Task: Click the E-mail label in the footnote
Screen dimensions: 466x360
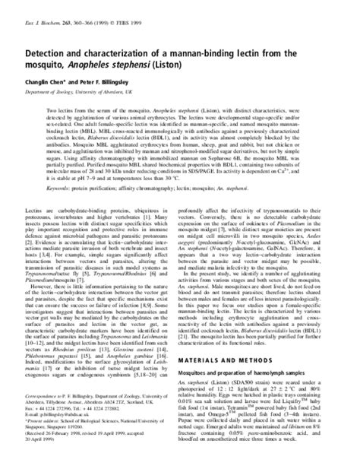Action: point(90,430)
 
